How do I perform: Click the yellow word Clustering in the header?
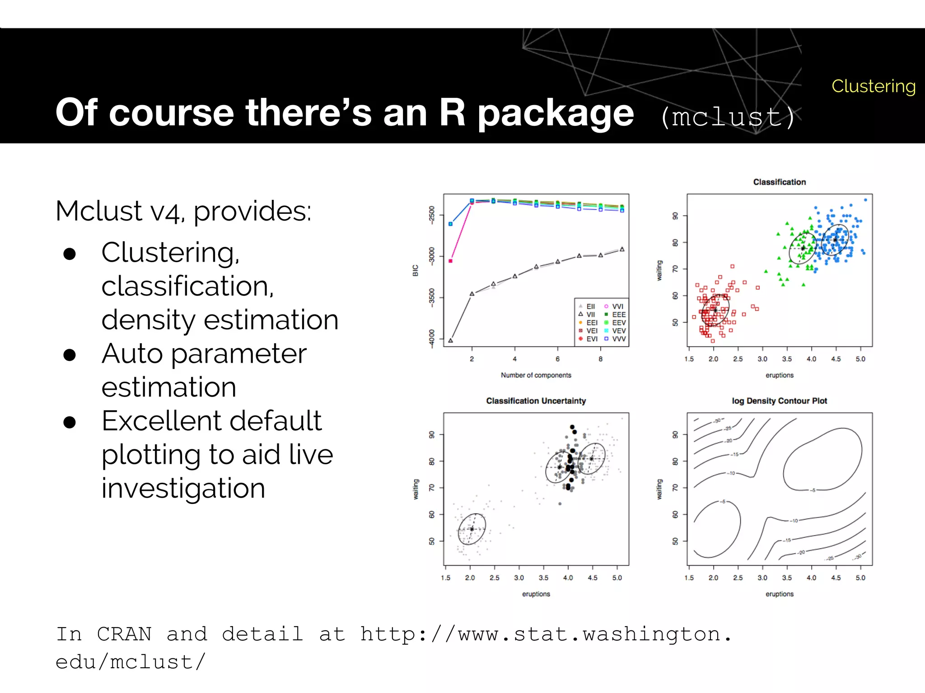pos(873,86)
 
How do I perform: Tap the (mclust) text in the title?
pos(728,117)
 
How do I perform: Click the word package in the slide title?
pos(556,113)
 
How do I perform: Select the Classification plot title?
pos(779,182)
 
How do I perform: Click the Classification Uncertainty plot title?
pos(536,401)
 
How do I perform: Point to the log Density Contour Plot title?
pos(779,401)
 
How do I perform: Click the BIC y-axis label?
pos(416,270)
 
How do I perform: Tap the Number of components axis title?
pos(536,375)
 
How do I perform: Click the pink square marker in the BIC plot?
pos(450,261)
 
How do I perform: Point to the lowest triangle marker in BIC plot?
pos(450,340)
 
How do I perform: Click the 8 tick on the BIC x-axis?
pos(600,359)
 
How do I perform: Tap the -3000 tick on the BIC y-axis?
pos(432,256)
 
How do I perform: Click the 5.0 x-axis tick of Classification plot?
pos(860,359)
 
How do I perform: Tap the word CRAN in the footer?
pos(124,634)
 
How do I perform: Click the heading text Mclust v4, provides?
pos(183,211)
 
